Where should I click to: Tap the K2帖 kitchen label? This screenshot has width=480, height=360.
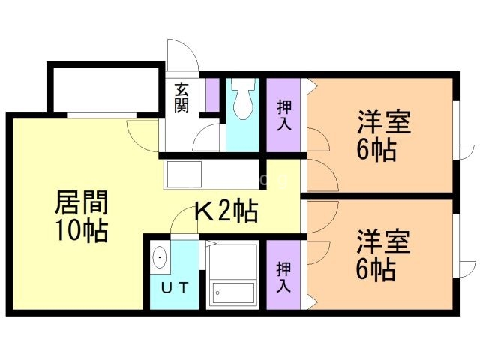(x=226, y=212)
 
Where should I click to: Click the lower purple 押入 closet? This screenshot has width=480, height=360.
(x=283, y=274)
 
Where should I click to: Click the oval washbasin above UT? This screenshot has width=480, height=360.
(x=160, y=259)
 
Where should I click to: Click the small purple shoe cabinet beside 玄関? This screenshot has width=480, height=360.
(x=211, y=94)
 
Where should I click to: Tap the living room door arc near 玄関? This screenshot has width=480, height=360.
(x=142, y=135)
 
